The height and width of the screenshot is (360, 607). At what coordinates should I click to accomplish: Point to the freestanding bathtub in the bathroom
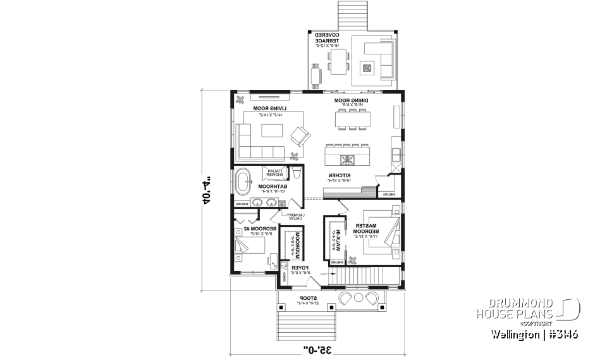(x=243, y=182)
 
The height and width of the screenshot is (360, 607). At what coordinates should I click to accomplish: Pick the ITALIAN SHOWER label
(x=273, y=173)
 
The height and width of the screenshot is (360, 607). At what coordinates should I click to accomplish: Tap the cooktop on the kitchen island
(x=346, y=159)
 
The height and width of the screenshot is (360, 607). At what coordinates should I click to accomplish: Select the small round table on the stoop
(x=358, y=298)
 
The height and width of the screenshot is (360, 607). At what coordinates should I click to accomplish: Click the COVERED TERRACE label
(x=328, y=38)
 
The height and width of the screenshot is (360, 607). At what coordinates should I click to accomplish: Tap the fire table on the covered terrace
(x=367, y=68)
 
